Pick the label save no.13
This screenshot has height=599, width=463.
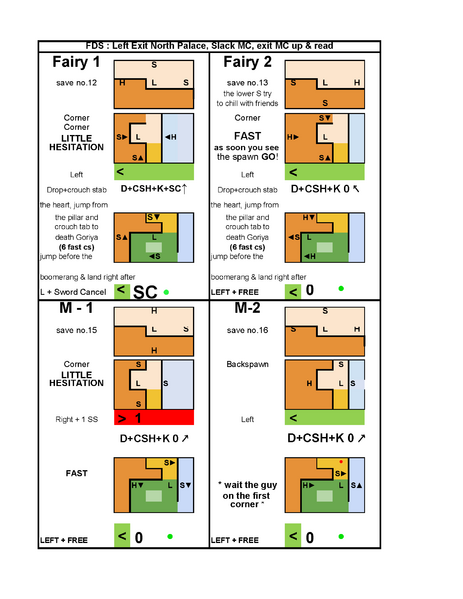(246, 82)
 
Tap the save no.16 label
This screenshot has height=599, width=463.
(246, 330)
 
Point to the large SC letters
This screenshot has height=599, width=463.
(147, 292)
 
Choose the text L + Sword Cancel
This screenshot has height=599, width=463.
(73, 291)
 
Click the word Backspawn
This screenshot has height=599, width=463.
(246, 365)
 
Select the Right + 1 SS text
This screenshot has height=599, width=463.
(75, 418)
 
